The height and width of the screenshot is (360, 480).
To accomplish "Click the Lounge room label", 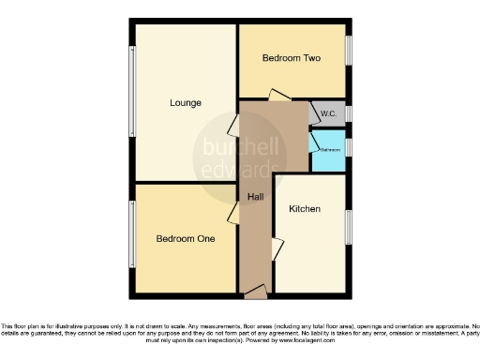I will point(185,102).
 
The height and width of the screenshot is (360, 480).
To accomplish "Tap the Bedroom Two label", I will point(292,58).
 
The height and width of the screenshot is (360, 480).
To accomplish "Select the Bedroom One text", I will point(185,238).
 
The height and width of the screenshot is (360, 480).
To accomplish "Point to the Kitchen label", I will point(306,208).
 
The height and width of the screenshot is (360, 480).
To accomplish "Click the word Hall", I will point(255,197).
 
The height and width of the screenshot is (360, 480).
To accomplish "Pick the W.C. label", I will point(328,113).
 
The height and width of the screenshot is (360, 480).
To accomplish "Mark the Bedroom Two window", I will point(350,58).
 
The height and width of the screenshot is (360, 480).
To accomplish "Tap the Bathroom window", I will point(350,148).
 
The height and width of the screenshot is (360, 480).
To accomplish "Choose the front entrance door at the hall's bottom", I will point(255,294).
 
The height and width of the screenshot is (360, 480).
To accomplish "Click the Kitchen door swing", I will point(277,249).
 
